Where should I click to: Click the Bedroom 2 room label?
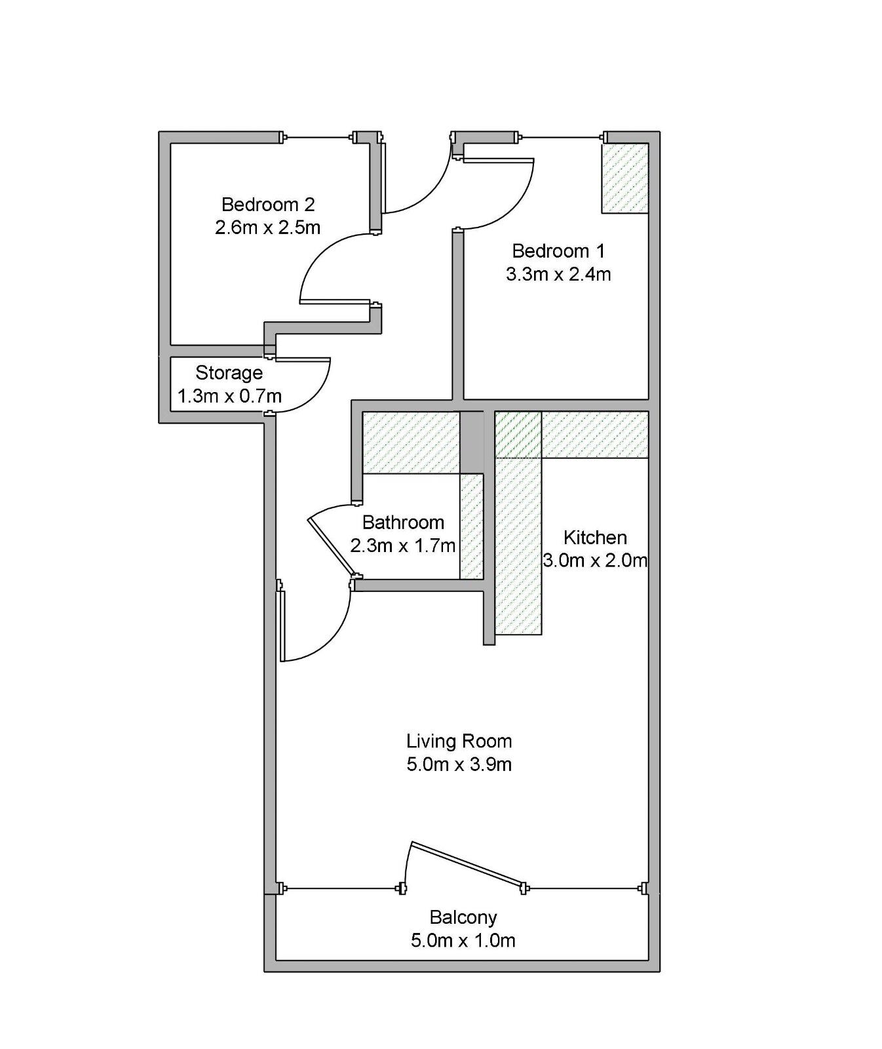pyautogui.click(x=267, y=205)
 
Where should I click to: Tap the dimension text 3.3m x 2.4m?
pyautogui.click(x=558, y=275)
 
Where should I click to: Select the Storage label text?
pyautogui.click(x=229, y=373)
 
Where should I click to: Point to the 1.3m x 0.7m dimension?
pyautogui.click(x=229, y=397)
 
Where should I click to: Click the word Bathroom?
pyautogui.click(x=402, y=523)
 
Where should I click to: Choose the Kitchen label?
pyautogui.click(x=594, y=538)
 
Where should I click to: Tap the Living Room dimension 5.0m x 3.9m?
pyautogui.click(x=459, y=764)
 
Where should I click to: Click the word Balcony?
pyautogui.click(x=463, y=917)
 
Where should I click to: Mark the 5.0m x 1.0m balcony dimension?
pyautogui.click(x=463, y=941)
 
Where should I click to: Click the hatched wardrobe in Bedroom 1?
pyautogui.click(x=624, y=178)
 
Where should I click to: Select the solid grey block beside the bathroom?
pyautogui.click(x=471, y=441)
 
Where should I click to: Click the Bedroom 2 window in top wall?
pyautogui.click(x=318, y=138)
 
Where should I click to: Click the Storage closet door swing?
pyautogui.click(x=308, y=387)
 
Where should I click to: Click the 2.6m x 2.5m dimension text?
pyautogui.click(x=267, y=228)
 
